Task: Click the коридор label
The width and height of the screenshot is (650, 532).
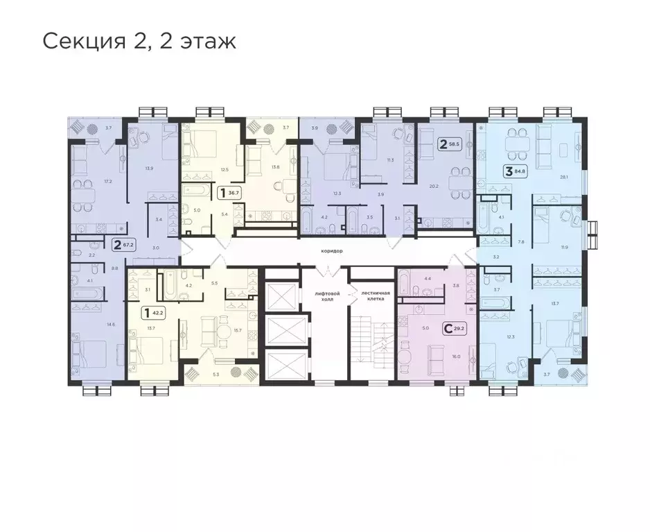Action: coord(333,250)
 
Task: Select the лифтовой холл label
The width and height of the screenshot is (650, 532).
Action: coord(325,296)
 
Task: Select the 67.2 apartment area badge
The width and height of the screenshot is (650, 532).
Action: coord(123,244)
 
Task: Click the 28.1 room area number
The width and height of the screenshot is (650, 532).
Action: coord(563,177)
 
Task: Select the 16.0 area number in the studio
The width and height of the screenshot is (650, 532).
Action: coord(455,356)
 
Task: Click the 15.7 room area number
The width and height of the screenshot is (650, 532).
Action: coord(238,330)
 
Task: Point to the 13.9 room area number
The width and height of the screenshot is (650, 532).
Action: coord(149,169)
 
